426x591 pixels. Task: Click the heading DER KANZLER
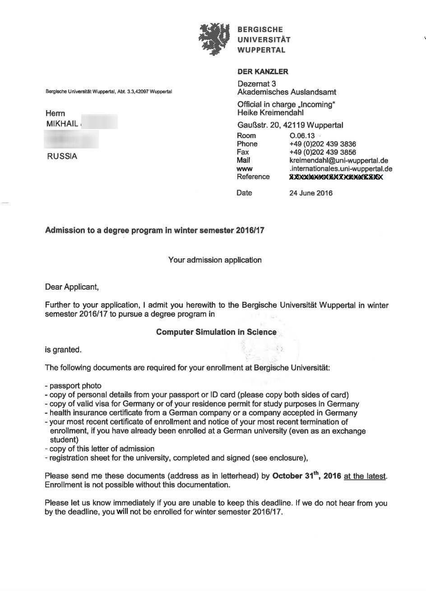(x=263, y=72)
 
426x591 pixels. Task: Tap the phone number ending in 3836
(x=322, y=144)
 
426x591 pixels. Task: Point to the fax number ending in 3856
(x=322, y=152)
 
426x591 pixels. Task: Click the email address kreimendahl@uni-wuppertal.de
(x=338, y=161)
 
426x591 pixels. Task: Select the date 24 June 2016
(x=310, y=193)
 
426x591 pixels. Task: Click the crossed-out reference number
(x=336, y=177)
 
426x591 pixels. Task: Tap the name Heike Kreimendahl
(x=270, y=113)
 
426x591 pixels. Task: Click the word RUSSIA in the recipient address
(x=62, y=157)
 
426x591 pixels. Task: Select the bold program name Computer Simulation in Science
(x=216, y=332)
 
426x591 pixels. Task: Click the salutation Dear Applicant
(x=71, y=286)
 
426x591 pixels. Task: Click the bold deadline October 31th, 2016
(x=307, y=476)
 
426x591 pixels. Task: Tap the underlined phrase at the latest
(x=365, y=476)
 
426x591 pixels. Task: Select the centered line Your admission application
(x=215, y=260)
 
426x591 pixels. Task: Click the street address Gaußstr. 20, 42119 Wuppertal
(x=290, y=125)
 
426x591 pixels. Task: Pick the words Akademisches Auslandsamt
(x=287, y=92)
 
